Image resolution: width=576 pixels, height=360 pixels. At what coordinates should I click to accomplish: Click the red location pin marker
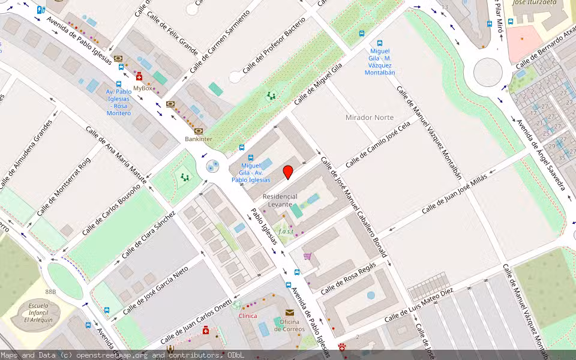[x=288, y=172]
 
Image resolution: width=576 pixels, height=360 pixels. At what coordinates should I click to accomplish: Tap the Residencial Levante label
[x=280, y=200]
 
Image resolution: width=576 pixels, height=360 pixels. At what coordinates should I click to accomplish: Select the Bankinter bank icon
[x=199, y=130]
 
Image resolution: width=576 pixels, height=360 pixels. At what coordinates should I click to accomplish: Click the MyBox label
[x=143, y=88]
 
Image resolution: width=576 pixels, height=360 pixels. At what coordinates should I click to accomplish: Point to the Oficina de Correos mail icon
[x=290, y=313]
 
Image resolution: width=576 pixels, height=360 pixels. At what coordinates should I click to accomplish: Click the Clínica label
[x=248, y=316]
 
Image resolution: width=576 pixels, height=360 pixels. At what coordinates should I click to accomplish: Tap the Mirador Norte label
[x=370, y=118]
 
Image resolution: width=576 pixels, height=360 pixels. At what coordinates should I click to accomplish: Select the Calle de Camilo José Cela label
[x=377, y=144]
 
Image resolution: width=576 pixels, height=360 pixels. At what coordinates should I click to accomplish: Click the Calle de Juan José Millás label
[x=454, y=193]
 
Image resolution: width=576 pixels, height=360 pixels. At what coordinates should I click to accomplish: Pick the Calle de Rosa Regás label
[x=348, y=278]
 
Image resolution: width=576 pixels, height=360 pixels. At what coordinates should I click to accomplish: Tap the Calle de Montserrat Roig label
[x=63, y=186]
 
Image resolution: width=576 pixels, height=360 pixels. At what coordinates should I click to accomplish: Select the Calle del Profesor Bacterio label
[x=274, y=45]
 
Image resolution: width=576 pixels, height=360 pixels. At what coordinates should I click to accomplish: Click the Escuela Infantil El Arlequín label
[x=39, y=313]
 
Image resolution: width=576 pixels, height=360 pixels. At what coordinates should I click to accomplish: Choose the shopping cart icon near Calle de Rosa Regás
[x=308, y=256]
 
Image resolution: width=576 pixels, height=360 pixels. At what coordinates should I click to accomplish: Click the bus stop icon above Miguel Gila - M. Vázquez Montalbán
[x=379, y=43]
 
